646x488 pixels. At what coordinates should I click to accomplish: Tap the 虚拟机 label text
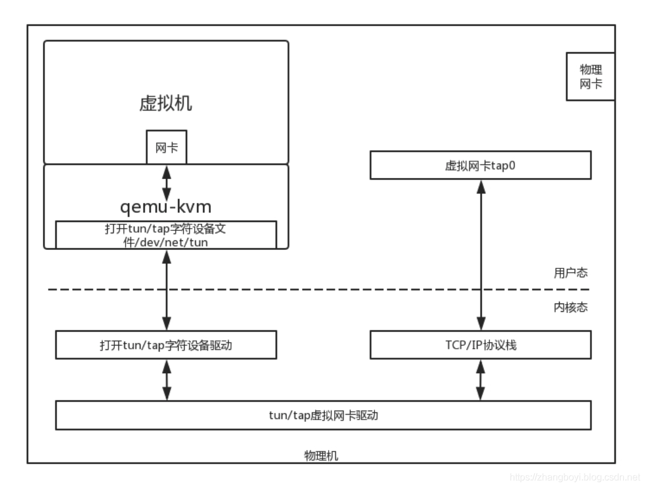166,103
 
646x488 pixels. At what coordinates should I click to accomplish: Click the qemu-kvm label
166,207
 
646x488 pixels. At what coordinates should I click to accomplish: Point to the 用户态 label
570,273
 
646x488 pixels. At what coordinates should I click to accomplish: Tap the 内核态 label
570,307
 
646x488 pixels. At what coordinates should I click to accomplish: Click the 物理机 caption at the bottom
321,455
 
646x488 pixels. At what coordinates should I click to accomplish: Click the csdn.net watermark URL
575,477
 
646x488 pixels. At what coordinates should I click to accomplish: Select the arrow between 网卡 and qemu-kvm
167,183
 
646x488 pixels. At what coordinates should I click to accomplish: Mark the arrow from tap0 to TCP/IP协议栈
481,255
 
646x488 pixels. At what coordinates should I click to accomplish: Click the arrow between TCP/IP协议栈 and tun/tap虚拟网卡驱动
480,380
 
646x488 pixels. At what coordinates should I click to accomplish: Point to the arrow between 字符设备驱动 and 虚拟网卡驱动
167,380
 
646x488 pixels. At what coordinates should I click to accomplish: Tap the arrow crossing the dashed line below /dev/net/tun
167,290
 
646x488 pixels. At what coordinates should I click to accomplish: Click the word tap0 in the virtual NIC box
503,165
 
